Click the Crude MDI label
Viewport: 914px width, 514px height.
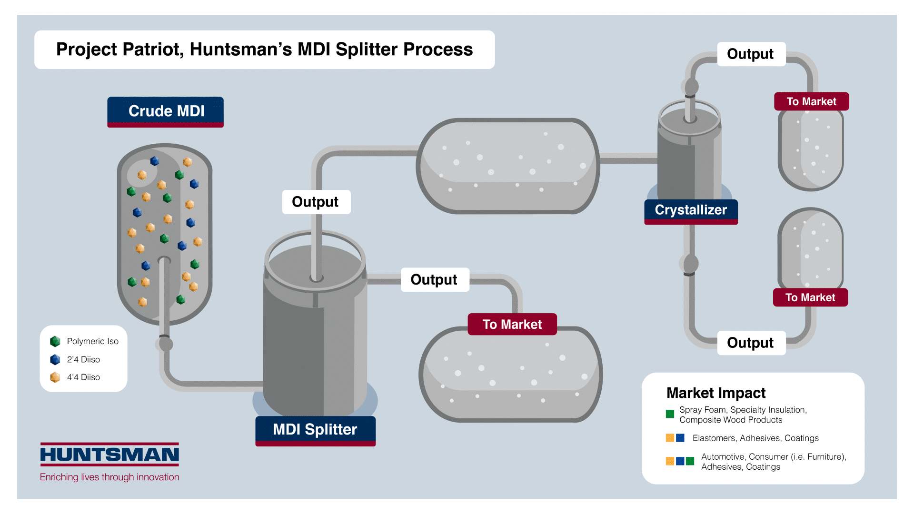[166, 111]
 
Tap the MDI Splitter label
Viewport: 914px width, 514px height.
[315, 430]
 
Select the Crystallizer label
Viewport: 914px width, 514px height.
[691, 210]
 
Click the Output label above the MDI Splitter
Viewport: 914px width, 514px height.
[316, 202]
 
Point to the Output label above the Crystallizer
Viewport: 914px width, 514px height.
[750, 54]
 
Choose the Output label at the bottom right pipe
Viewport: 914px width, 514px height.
[750, 343]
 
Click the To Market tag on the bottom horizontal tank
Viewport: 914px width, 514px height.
[512, 324]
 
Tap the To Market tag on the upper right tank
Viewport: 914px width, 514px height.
[811, 101]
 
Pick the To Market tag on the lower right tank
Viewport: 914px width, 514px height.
[810, 297]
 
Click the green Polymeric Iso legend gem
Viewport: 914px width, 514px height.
[55, 341]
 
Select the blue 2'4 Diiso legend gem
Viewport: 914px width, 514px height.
[55, 359]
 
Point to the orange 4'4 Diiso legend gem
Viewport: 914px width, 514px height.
[55, 377]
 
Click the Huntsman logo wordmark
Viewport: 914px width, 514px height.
[109, 455]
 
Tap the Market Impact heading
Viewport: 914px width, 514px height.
[715, 393]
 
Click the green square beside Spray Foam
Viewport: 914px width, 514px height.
[670, 414]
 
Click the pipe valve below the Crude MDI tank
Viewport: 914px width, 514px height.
[165, 343]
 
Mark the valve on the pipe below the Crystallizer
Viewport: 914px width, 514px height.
[690, 264]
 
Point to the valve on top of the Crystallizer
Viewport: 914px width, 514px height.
[691, 87]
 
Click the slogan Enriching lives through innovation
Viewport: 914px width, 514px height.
[109, 477]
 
